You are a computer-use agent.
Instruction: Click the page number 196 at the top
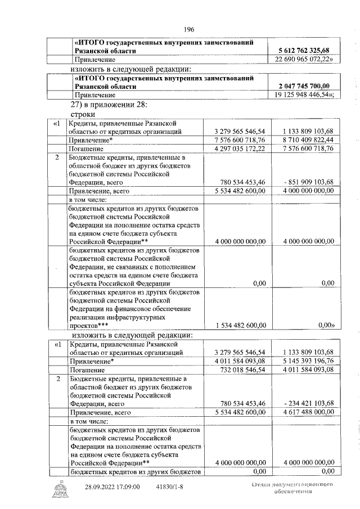point(188,30)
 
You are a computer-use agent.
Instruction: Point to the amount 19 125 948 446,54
point(303,95)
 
